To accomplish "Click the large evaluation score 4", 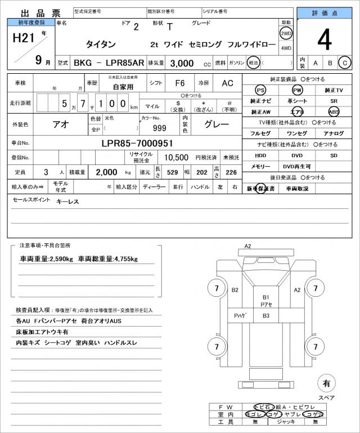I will point(324,39).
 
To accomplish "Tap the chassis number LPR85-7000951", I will point(137,143).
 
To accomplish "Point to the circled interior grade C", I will point(345,63).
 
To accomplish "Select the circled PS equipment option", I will point(260,90).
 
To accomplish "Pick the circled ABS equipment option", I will point(334,111).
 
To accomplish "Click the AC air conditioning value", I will point(227,83).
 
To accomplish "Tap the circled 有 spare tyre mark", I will point(326,383).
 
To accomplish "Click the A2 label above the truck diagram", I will point(247,246).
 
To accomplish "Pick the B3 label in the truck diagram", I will point(265,316).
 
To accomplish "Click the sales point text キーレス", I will point(67,201).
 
